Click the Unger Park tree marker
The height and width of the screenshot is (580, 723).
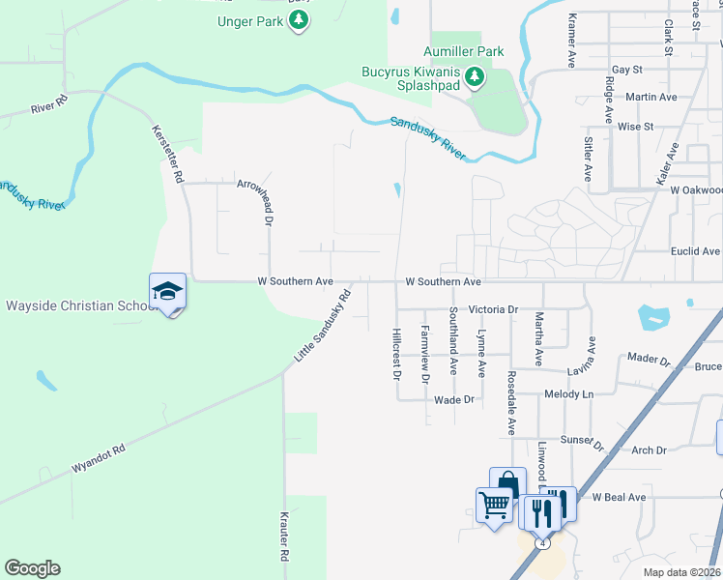click(x=299, y=20)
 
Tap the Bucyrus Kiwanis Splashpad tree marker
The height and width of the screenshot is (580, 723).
click(x=475, y=76)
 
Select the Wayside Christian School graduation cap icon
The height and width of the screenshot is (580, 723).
click(x=167, y=292)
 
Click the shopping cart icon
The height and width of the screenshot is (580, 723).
click(x=494, y=505)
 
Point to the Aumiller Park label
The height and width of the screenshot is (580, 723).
click(x=464, y=50)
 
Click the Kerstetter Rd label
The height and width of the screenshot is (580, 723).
click(x=166, y=154)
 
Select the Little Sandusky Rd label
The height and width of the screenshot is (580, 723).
click(x=321, y=325)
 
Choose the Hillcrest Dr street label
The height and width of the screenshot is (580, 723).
click(x=396, y=353)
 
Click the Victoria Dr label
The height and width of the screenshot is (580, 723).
click(x=494, y=310)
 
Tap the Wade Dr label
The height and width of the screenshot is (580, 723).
click(x=455, y=399)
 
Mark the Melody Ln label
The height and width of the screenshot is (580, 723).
click(x=568, y=394)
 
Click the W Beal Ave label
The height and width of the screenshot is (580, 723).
click(x=619, y=497)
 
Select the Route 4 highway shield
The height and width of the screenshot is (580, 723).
click(x=544, y=543)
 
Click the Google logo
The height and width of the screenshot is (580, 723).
click(x=32, y=568)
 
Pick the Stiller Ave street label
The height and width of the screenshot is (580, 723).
click(x=588, y=159)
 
